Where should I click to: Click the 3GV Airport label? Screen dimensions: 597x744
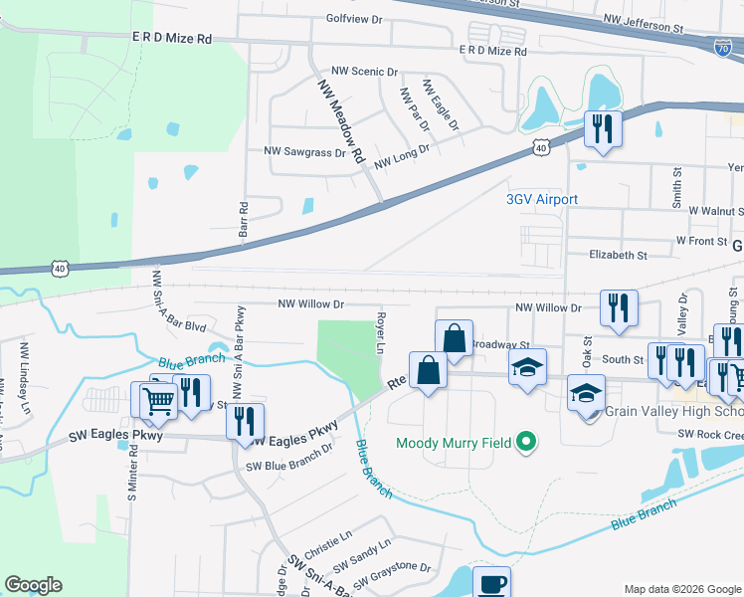pyautogui.click(x=541, y=199)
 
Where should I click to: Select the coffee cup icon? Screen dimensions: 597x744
pyautogui.click(x=490, y=583)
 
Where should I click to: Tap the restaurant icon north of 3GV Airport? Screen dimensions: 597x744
pyautogui.click(x=603, y=129)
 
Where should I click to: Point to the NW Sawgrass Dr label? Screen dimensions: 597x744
pyautogui.click(x=303, y=152)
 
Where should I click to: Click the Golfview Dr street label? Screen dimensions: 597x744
pyautogui.click(x=354, y=19)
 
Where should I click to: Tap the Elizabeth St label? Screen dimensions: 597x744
pyautogui.click(x=618, y=255)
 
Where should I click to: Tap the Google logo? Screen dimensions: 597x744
pyautogui.click(x=34, y=585)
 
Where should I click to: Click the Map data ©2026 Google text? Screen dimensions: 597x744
pyautogui.click(x=681, y=589)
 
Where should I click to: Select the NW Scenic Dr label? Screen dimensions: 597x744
pyautogui.click(x=365, y=72)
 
